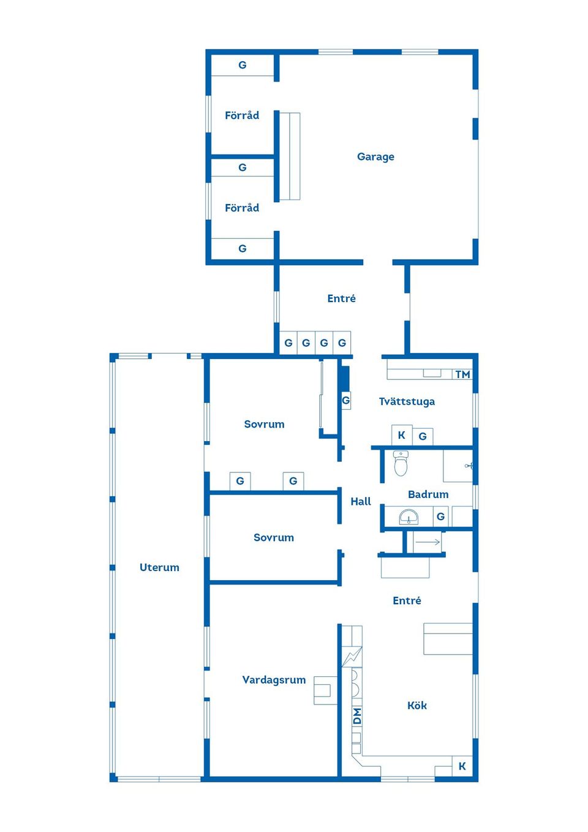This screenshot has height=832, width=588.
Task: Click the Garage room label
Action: pyautogui.click(x=375, y=157)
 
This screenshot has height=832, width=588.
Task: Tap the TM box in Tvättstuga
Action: pyautogui.click(x=462, y=374)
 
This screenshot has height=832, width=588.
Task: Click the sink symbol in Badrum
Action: pyautogui.click(x=409, y=517)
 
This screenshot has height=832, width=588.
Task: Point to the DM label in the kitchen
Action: pyautogui.click(x=356, y=716)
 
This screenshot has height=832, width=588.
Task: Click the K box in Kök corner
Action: pyautogui.click(x=462, y=766)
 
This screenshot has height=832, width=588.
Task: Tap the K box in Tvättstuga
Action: pyautogui.click(x=402, y=435)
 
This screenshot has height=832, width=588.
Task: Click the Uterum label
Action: pyautogui.click(x=159, y=567)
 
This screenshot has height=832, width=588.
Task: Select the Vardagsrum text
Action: pyautogui.click(x=274, y=679)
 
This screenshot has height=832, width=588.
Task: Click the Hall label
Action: pyautogui.click(x=361, y=501)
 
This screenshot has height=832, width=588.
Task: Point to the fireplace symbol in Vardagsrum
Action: pyautogui.click(x=325, y=690)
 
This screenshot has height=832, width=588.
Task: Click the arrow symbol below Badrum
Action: pyautogui.click(x=428, y=542)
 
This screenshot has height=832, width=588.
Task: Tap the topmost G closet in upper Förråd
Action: pyautogui.click(x=243, y=65)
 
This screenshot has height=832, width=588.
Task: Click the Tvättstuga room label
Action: pyautogui.click(x=407, y=401)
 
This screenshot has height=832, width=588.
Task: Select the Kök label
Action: pyautogui.click(x=417, y=705)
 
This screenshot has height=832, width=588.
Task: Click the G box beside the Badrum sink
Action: pyautogui.click(x=440, y=516)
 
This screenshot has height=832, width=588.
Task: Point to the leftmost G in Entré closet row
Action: pyautogui.click(x=288, y=343)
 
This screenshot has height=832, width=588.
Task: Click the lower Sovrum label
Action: pyautogui.click(x=274, y=537)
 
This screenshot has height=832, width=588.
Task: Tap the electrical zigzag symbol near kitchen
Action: pyautogui.click(x=352, y=657)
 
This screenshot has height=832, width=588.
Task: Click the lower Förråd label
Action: pyautogui.click(x=242, y=208)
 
